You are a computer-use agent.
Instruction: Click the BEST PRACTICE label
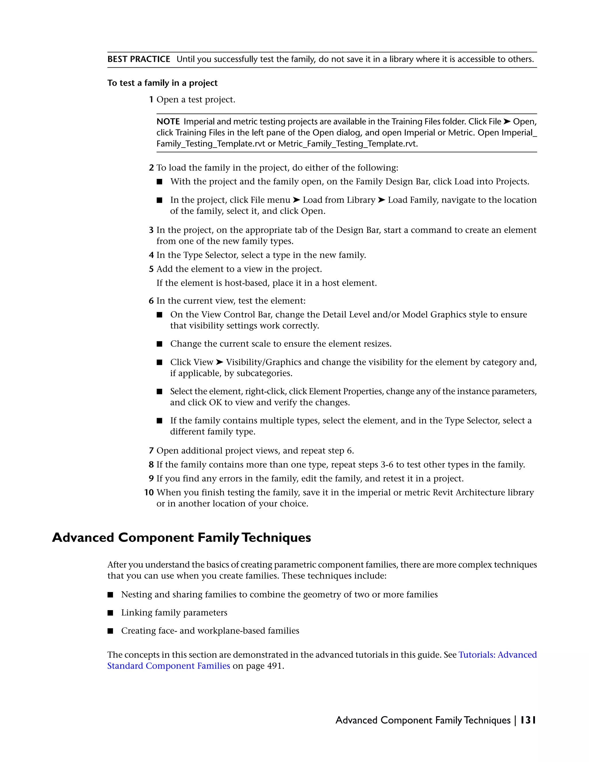[x=139, y=59]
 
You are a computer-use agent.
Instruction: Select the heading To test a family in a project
[x=162, y=83]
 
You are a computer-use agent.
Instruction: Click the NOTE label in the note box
[x=168, y=122]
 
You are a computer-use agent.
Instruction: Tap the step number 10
[x=149, y=492]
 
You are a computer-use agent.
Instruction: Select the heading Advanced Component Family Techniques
[x=181, y=538]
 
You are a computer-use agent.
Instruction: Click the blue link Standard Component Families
[x=169, y=666]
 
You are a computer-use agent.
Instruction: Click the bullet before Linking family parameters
[x=110, y=613]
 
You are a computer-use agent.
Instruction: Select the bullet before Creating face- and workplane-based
[x=110, y=631]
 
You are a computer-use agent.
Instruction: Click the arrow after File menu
[x=296, y=200]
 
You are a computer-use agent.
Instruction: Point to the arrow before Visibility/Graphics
[x=219, y=362]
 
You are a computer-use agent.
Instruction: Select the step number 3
[x=151, y=230]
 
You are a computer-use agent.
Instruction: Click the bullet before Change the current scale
[x=159, y=344]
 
